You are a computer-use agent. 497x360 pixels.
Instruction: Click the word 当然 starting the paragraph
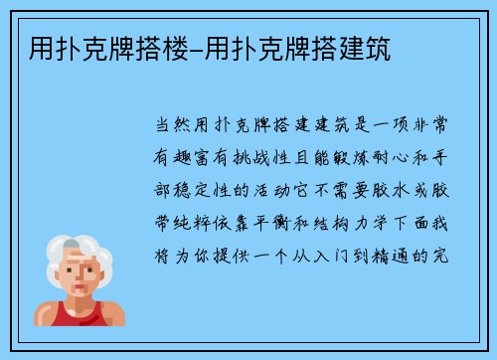[x=168, y=127]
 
